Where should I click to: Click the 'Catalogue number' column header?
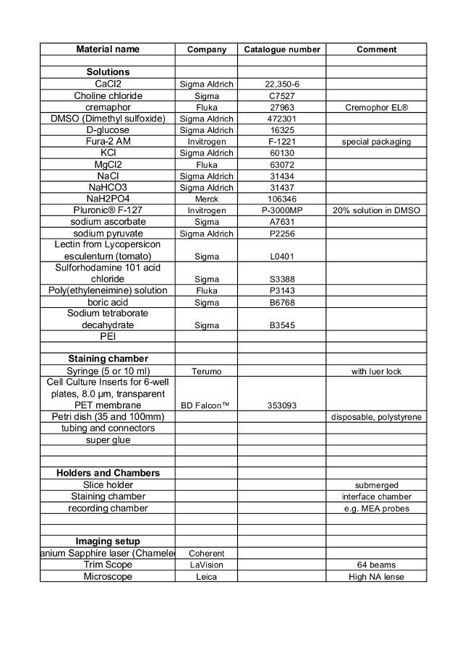click(281, 50)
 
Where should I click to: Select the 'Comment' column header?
click(376, 50)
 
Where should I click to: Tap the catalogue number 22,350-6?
click(281, 85)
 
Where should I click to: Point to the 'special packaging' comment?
click(376, 142)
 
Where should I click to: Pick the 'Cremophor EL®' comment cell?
click(376, 107)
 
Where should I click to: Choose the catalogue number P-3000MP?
click(281, 210)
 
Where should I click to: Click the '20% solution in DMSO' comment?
click(376, 210)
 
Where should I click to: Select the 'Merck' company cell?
click(206, 199)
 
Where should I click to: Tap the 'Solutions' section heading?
click(108, 72)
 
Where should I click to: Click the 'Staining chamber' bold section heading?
click(108, 359)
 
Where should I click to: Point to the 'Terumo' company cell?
click(206, 371)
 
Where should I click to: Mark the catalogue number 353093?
click(281, 406)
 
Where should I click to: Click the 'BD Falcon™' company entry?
click(206, 406)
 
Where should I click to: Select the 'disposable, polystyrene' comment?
click(376, 417)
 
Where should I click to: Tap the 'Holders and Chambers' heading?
click(108, 473)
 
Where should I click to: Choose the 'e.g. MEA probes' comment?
click(376, 508)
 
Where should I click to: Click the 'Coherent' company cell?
click(206, 554)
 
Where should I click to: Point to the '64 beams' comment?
click(376, 565)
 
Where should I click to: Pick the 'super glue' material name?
click(108, 439)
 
